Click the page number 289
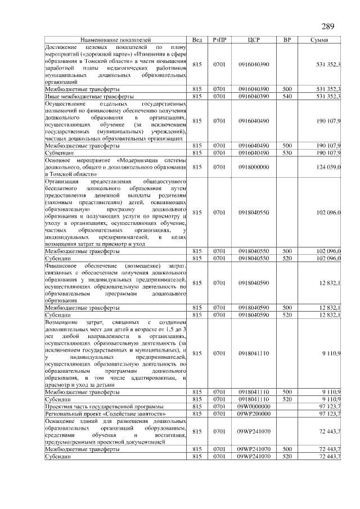coord(328,27)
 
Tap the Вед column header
coord(197,40)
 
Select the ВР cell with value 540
coord(287,97)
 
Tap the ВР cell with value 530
coord(287,152)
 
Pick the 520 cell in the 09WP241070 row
coord(287,457)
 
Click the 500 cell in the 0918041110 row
coord(287,391)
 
